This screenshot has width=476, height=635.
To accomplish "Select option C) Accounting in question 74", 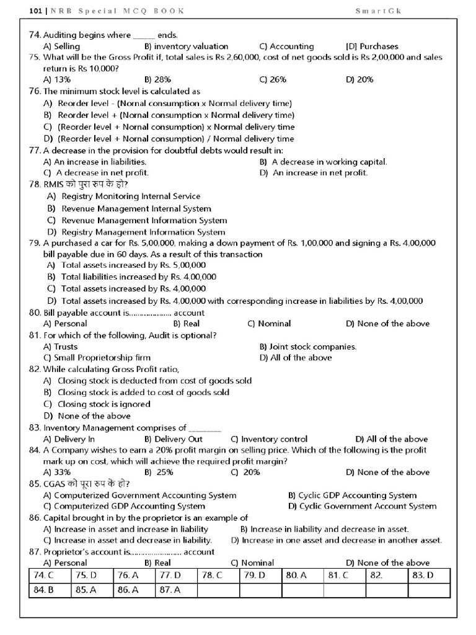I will pyautogui.click(x=286, y=47).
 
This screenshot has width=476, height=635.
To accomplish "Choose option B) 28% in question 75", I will pyautogui.click(x=157, y=79).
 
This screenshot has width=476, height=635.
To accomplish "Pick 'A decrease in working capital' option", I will pyautogui.click(x=324, y=162).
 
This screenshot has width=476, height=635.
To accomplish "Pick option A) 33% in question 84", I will pyautogui.click(x=57, y=473).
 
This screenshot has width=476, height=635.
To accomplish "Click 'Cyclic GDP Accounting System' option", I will pyautogui.click(x=353, y=495).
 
